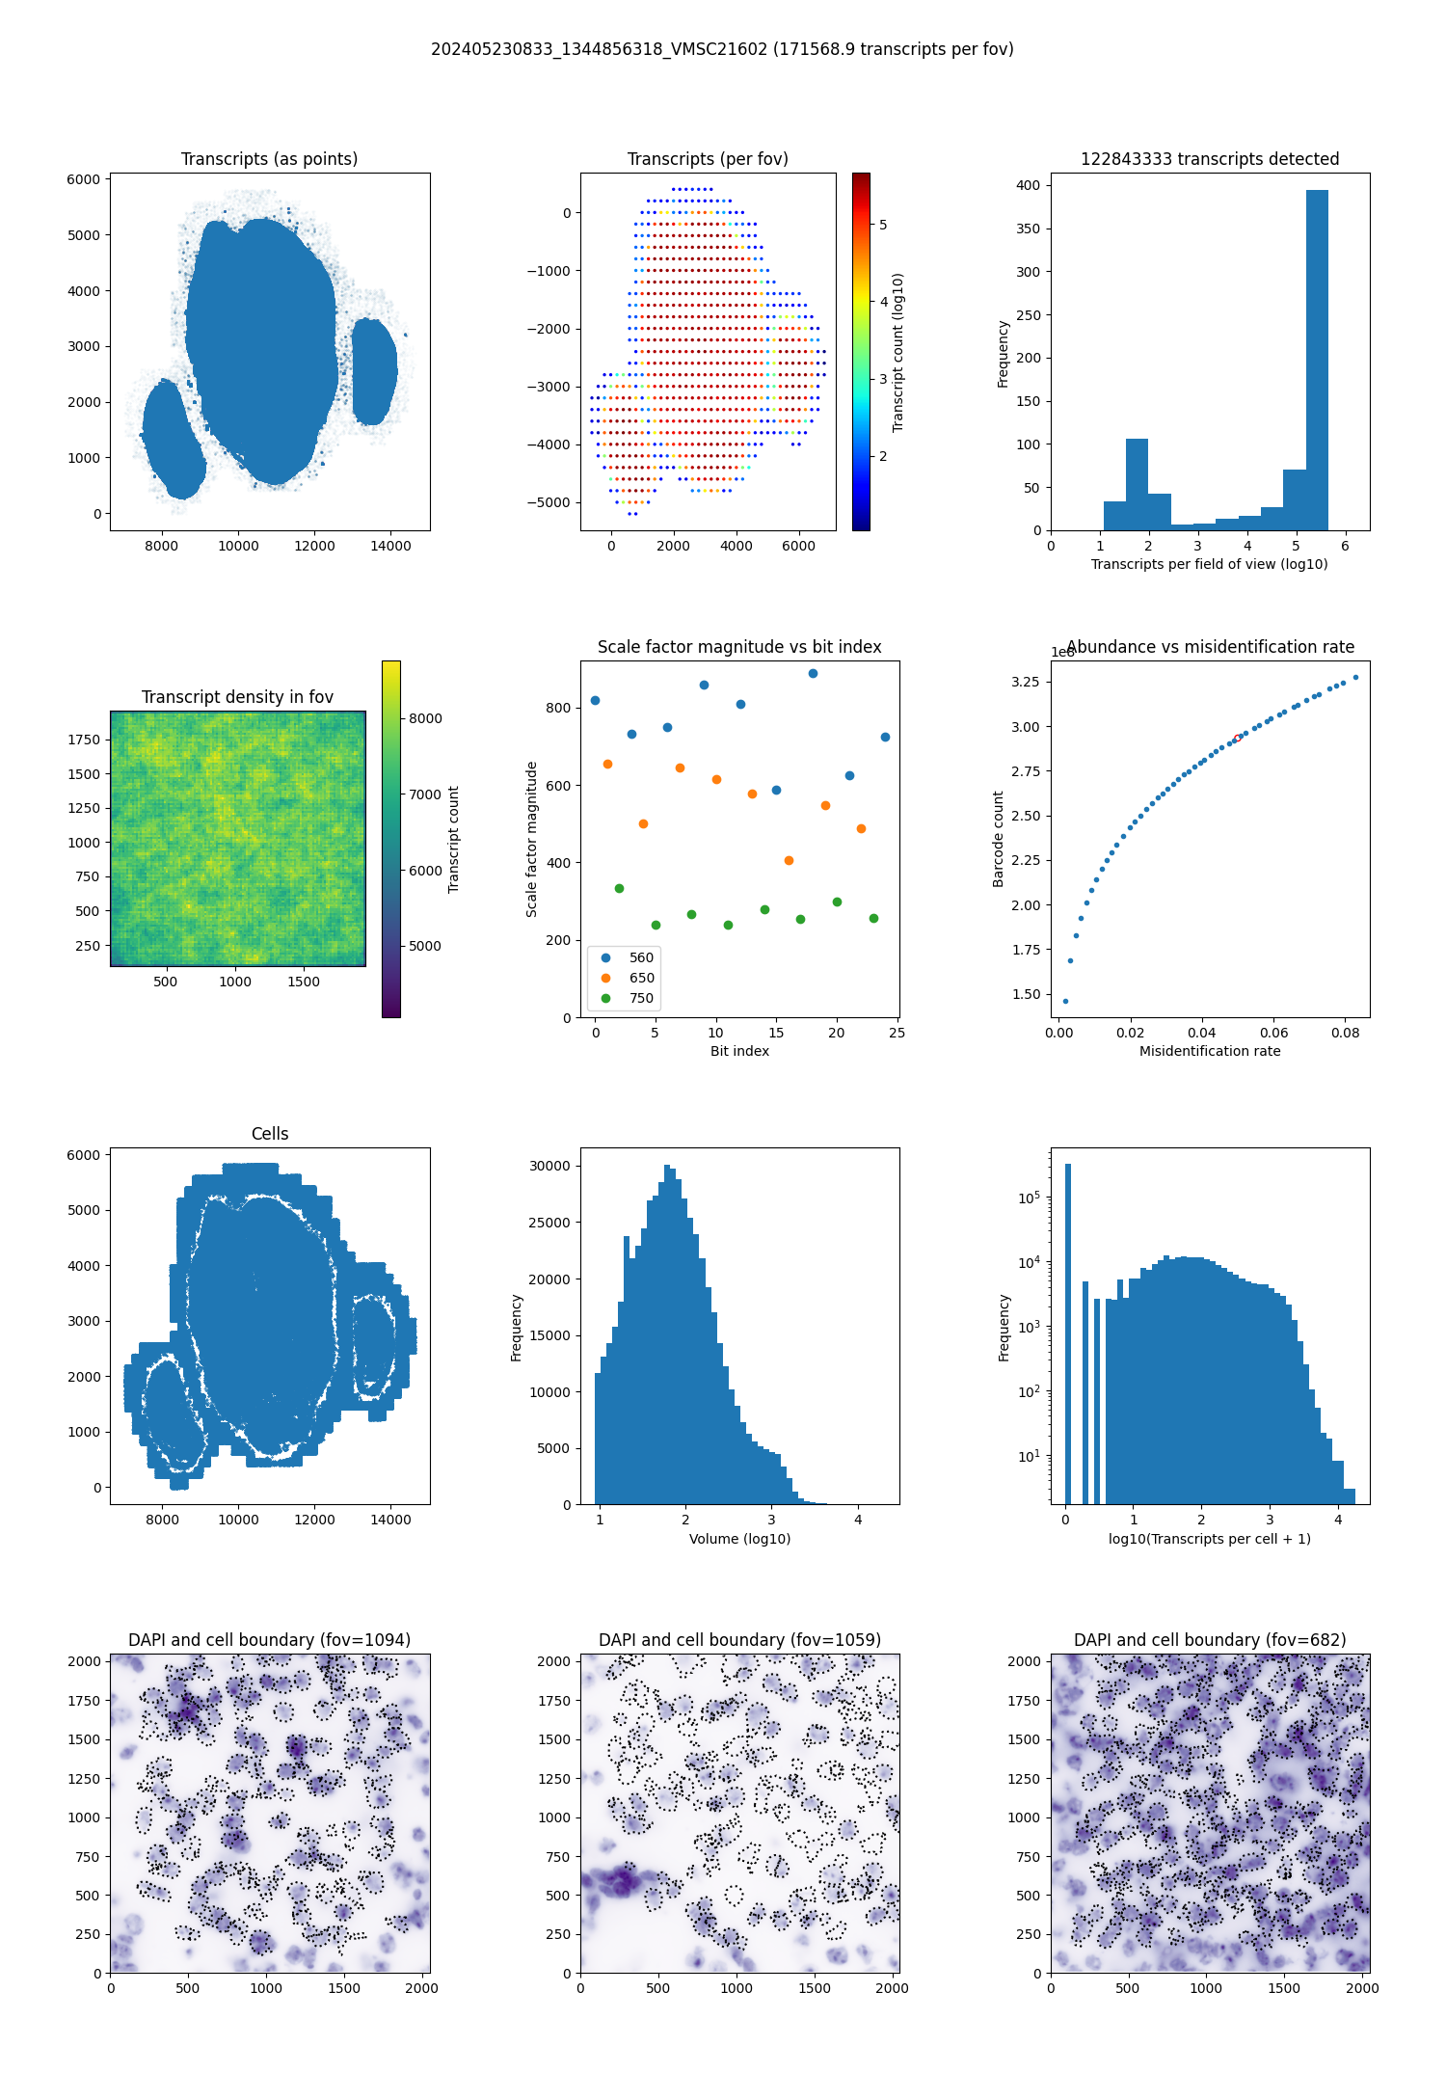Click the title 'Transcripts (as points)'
pos(269,159)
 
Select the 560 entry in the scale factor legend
pos(641,957)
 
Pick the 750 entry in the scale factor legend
pos(641,998)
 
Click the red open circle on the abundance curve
pos(1237,739)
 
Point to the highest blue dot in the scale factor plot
pos(813,674)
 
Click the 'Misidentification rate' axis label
pos(1210,1051)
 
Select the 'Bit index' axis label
pos(739,1051)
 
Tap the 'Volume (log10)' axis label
pos(739,1539)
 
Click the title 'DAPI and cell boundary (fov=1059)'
pos(739,1640)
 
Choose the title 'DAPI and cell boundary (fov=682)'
pos(1210,1640)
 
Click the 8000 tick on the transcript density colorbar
pos(425,718)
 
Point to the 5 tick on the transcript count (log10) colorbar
pos(883,225)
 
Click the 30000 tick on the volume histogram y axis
pos(549,1166)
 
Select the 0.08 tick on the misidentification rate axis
pos(1346,1033)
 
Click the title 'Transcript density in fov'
pos(237,697)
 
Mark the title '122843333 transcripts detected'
pos(1210,159)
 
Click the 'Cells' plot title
pos(270,1134)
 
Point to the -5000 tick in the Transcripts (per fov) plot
pos(549,502)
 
